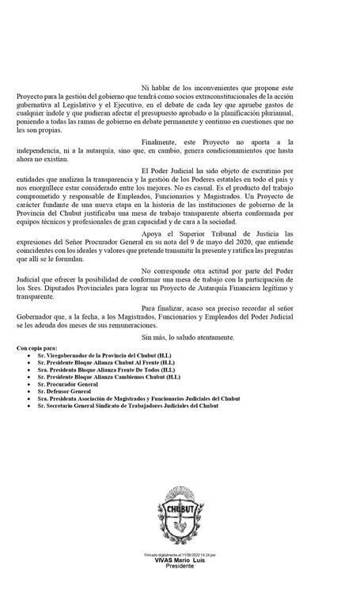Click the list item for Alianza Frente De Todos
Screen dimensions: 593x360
106,369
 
